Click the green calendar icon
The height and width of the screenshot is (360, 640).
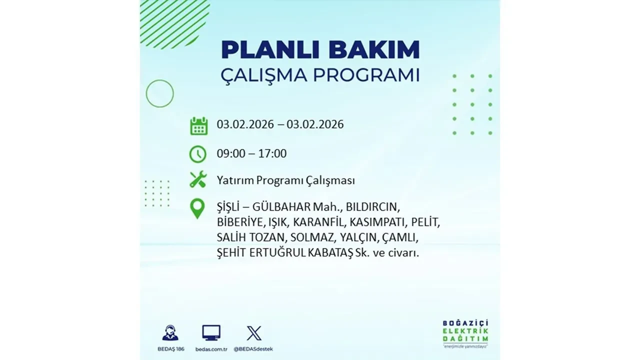click(x=198, y=125)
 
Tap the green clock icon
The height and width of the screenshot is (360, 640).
click(x=198, y=154)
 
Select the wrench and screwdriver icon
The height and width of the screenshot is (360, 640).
click(x=198, y=179)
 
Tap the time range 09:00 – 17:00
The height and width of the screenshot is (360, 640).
click(x=251, y=153)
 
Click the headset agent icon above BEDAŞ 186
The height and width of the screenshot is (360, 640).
click(x=170, y=332)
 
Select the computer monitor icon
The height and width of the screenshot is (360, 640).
click(x=211, y=332)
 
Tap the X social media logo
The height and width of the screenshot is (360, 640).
click(x=254, y=332)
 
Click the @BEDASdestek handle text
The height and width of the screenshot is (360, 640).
click(x=254, y=348)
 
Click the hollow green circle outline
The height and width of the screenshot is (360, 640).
click(x=159, y=93)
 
